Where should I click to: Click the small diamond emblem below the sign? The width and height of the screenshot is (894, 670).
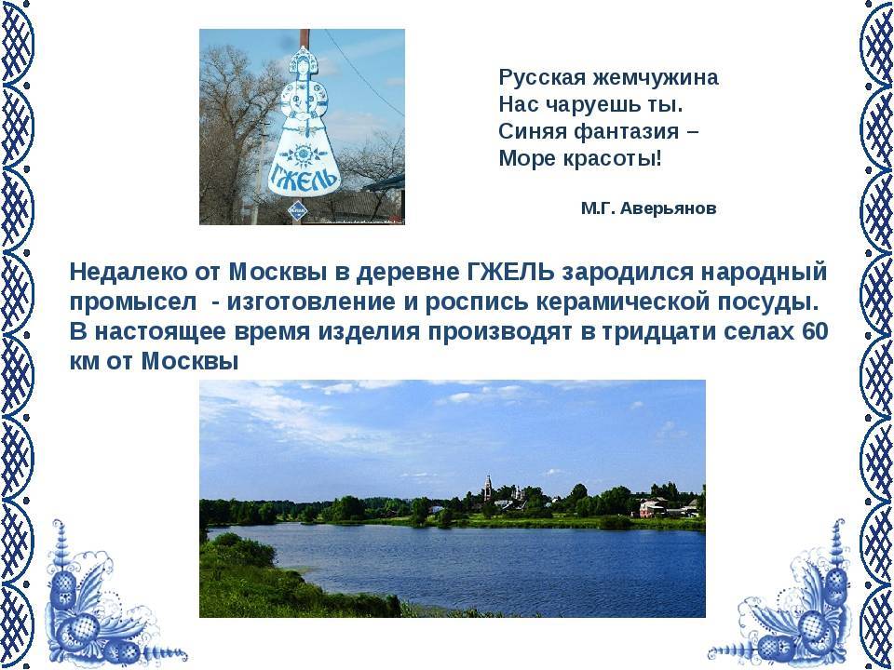coord(297,211)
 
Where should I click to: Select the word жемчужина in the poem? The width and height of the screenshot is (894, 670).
coord(655,77)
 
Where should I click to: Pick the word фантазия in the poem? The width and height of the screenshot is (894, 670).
coord(627,131)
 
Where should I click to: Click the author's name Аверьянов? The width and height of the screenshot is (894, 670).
coord(669,208)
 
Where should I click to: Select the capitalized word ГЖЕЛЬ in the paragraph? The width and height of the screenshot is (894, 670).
coord(509,272)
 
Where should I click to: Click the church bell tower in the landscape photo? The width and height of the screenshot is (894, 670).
coord(488,489)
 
